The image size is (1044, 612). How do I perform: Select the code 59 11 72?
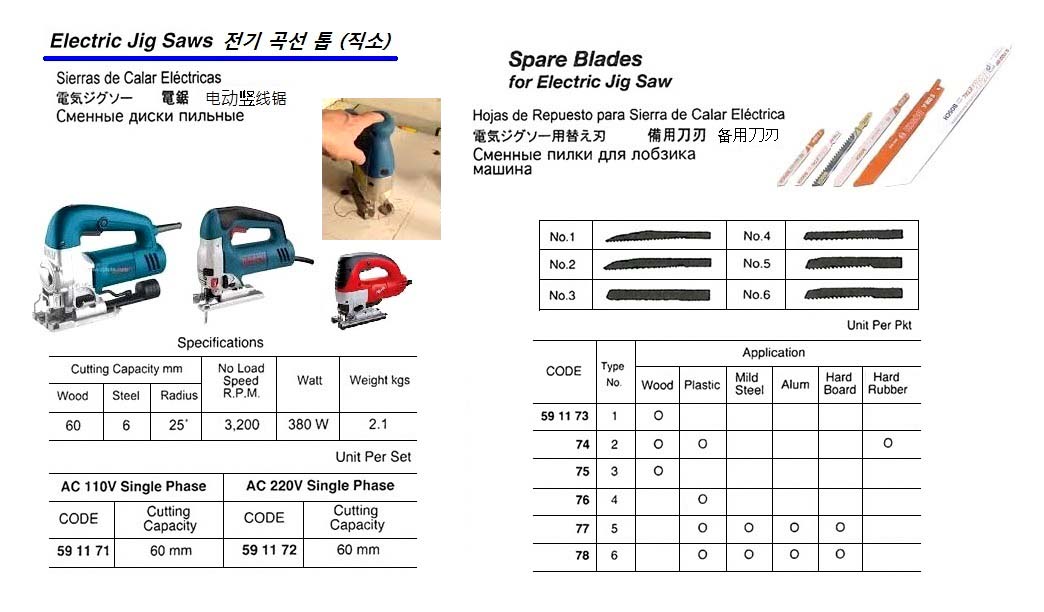pyautogui.click(x=269, y=550)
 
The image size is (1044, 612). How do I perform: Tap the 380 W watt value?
pyautogui.click(x=309, y=424)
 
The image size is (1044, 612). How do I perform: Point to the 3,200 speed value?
pyautogui.click(x=240, y=424)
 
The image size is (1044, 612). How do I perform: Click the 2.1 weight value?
pyautogui.click(x=378, y=424)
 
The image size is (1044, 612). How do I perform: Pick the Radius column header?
pyautogui.click(x=179, y=396)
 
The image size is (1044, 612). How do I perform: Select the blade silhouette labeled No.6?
pyautogui.click(x=852, y=296)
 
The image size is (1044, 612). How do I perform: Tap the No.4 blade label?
pyautogui.click(x=757, y=237)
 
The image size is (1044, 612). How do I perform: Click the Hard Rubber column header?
pyautogui.click(x=887, y=383)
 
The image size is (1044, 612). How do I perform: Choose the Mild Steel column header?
pyautogui.click(x=749, y=383)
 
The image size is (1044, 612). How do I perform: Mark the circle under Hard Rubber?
pyautogui.click(x=887, y=443)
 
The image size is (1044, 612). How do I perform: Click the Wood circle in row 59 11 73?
pyautogui.click(x=658, y=415)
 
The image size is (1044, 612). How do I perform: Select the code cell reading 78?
pyautogui.click(x=582, y=556)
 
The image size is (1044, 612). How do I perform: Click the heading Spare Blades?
pyautogui.click(x=575, y=59)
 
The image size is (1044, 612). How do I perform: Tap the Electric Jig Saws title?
pyautogui.click(x=132, y=41)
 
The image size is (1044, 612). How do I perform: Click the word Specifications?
pyautogui.click(x=220, y=342)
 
